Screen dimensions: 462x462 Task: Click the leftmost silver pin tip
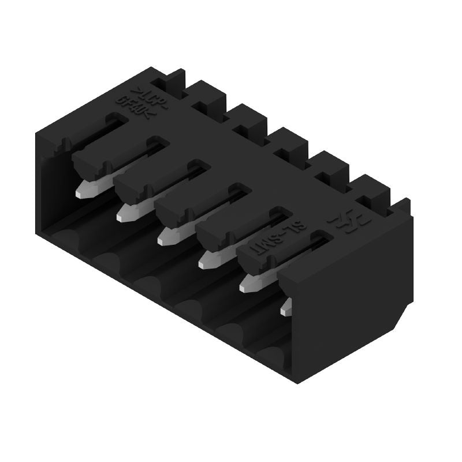[x=87, y=189]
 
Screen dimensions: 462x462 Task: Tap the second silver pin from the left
[x=128, y=214]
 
